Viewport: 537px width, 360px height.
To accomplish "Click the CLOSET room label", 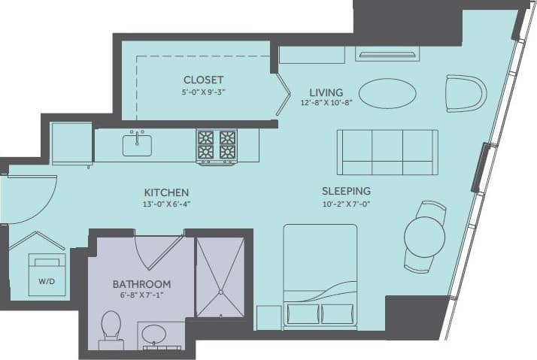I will [203, 80].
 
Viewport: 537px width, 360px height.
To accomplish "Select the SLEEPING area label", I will [346, 191].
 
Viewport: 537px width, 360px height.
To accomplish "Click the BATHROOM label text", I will [141, 284].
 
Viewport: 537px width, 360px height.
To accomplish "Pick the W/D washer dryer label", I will [46, 283].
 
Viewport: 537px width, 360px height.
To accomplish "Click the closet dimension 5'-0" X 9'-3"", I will [203, 93].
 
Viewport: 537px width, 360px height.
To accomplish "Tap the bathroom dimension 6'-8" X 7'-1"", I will [141, 297].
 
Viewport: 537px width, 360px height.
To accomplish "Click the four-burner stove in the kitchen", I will [217, 146].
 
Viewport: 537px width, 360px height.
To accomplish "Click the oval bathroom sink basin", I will [155, 333].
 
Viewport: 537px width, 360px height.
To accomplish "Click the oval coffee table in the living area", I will [387, 94].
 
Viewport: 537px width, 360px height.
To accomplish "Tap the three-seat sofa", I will [387, 152].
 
